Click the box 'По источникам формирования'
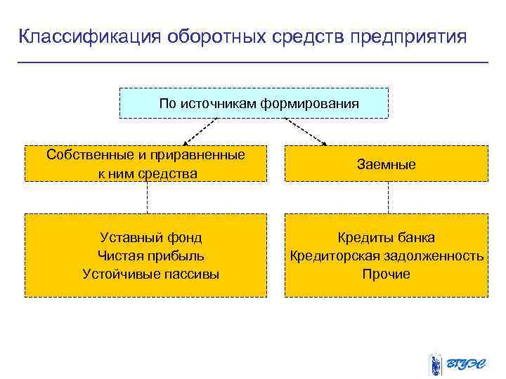[254, 103]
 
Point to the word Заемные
[386, 164]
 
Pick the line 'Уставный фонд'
[150, 238]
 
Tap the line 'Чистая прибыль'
[150, 255]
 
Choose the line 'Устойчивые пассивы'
[150, 274]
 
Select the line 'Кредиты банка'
[386, 238]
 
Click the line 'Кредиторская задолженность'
[387, 255]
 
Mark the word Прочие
[386, 274]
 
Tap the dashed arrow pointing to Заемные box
[305, 131]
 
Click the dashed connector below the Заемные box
[388, 197]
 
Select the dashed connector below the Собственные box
[147, 197]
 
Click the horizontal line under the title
[253, 62]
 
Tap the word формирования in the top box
[310, 103]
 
